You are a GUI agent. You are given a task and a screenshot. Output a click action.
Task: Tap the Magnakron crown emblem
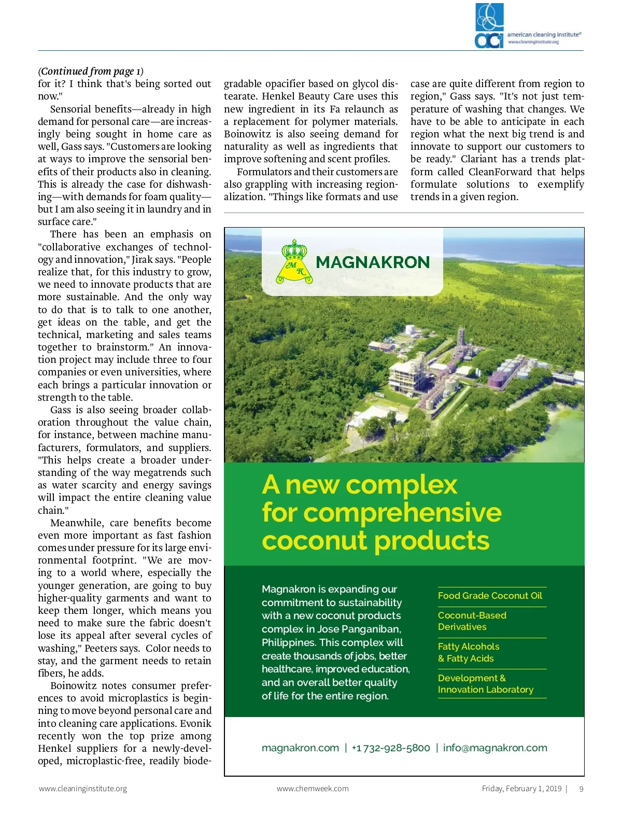(x=297, y=262)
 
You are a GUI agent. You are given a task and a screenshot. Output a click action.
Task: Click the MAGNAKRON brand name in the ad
(x=373, y=262)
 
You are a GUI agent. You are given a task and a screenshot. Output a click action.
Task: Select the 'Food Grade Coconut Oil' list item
(x=490, y=596)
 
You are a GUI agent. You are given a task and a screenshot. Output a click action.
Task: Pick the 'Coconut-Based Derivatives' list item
(x=472, y=621)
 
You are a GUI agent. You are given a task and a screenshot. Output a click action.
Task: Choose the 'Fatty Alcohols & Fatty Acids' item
(x=468, y=652)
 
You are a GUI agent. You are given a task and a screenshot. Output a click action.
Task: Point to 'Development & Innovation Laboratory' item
(x=485, y=684)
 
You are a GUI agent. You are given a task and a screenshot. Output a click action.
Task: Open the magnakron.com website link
(x=300, y=748)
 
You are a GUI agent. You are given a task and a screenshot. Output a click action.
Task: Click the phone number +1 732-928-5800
(x=391, y=748)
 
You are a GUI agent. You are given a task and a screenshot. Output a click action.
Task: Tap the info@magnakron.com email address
(x=495, y=748)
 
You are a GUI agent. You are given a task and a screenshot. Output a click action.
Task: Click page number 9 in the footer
(x=581, y=789)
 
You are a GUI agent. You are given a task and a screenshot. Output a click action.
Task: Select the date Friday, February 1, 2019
(x=521, y=789)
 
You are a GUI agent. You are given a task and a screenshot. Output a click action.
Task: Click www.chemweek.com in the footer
(x=313, y=789)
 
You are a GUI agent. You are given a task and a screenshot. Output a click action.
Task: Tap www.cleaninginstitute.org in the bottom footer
(x=83, y=789)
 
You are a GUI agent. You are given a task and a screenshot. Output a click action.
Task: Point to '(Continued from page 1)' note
(x=91, y=72)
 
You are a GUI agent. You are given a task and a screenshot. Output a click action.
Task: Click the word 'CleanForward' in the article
(x=500, y=172)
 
